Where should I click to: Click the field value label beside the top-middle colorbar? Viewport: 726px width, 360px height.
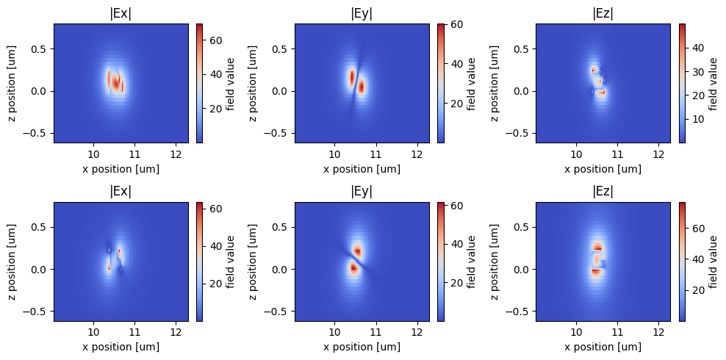coord(471,83)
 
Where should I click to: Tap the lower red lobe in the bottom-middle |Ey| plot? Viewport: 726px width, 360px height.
coord(353,268)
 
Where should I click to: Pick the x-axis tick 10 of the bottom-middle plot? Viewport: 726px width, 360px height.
coord(335,334)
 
